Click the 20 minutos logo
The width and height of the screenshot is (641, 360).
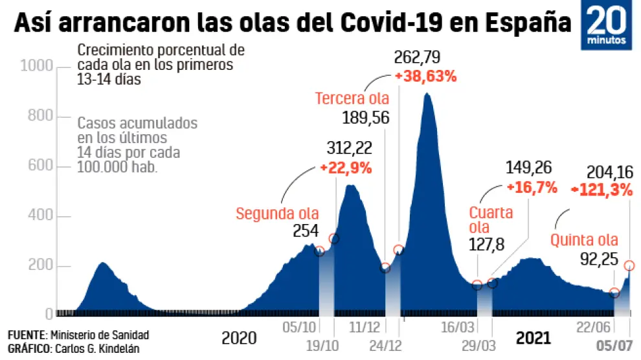(608, 26)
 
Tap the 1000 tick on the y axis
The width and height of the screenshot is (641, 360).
(36, 67)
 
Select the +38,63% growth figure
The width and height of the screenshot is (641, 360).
(426, 76)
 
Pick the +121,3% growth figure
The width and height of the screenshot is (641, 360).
(602, 190)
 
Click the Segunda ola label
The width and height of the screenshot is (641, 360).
(277, 214)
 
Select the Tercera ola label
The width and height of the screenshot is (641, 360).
(352, 99)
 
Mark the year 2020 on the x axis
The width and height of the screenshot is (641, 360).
(239, 338)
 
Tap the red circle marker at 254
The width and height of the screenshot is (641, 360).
(320, 251)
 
